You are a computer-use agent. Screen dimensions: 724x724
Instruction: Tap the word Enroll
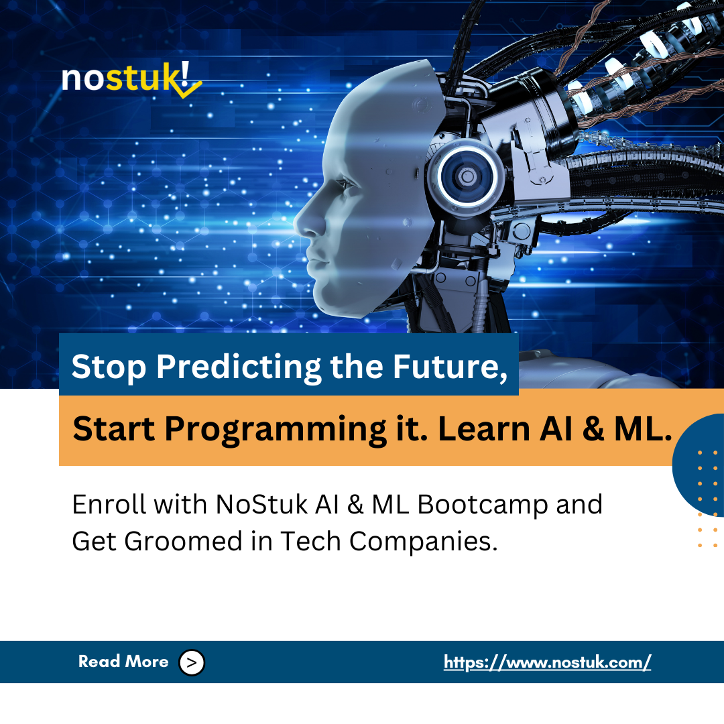point(107,505)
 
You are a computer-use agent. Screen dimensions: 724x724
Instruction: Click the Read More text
point(123,662)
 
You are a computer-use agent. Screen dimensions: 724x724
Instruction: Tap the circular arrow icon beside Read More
point(192,662)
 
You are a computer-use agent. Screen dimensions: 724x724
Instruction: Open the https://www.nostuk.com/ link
point(547,662)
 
